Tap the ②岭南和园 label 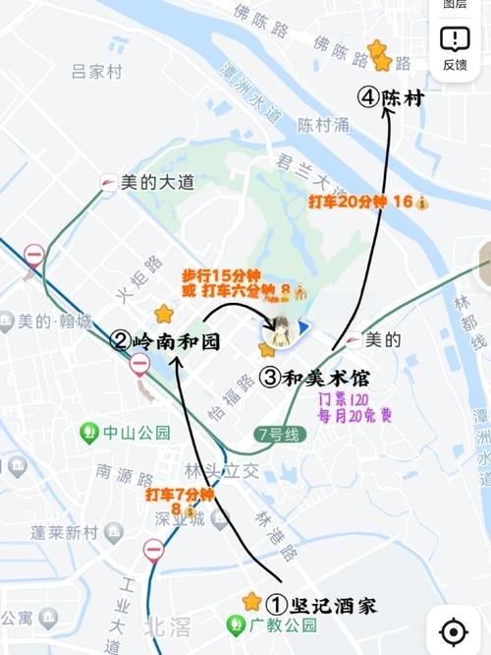[x=164, y=342]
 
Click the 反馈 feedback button [x=455, y=47]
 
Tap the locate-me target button [x=453, y=630]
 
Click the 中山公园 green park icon [x=89, y=431]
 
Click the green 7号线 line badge [x=275, y=433]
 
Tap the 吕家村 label [x=96, y=72]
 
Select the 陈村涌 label [x=323, y=127]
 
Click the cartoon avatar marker [x=279, y=331]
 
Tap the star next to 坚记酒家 [x=252, y=601]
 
